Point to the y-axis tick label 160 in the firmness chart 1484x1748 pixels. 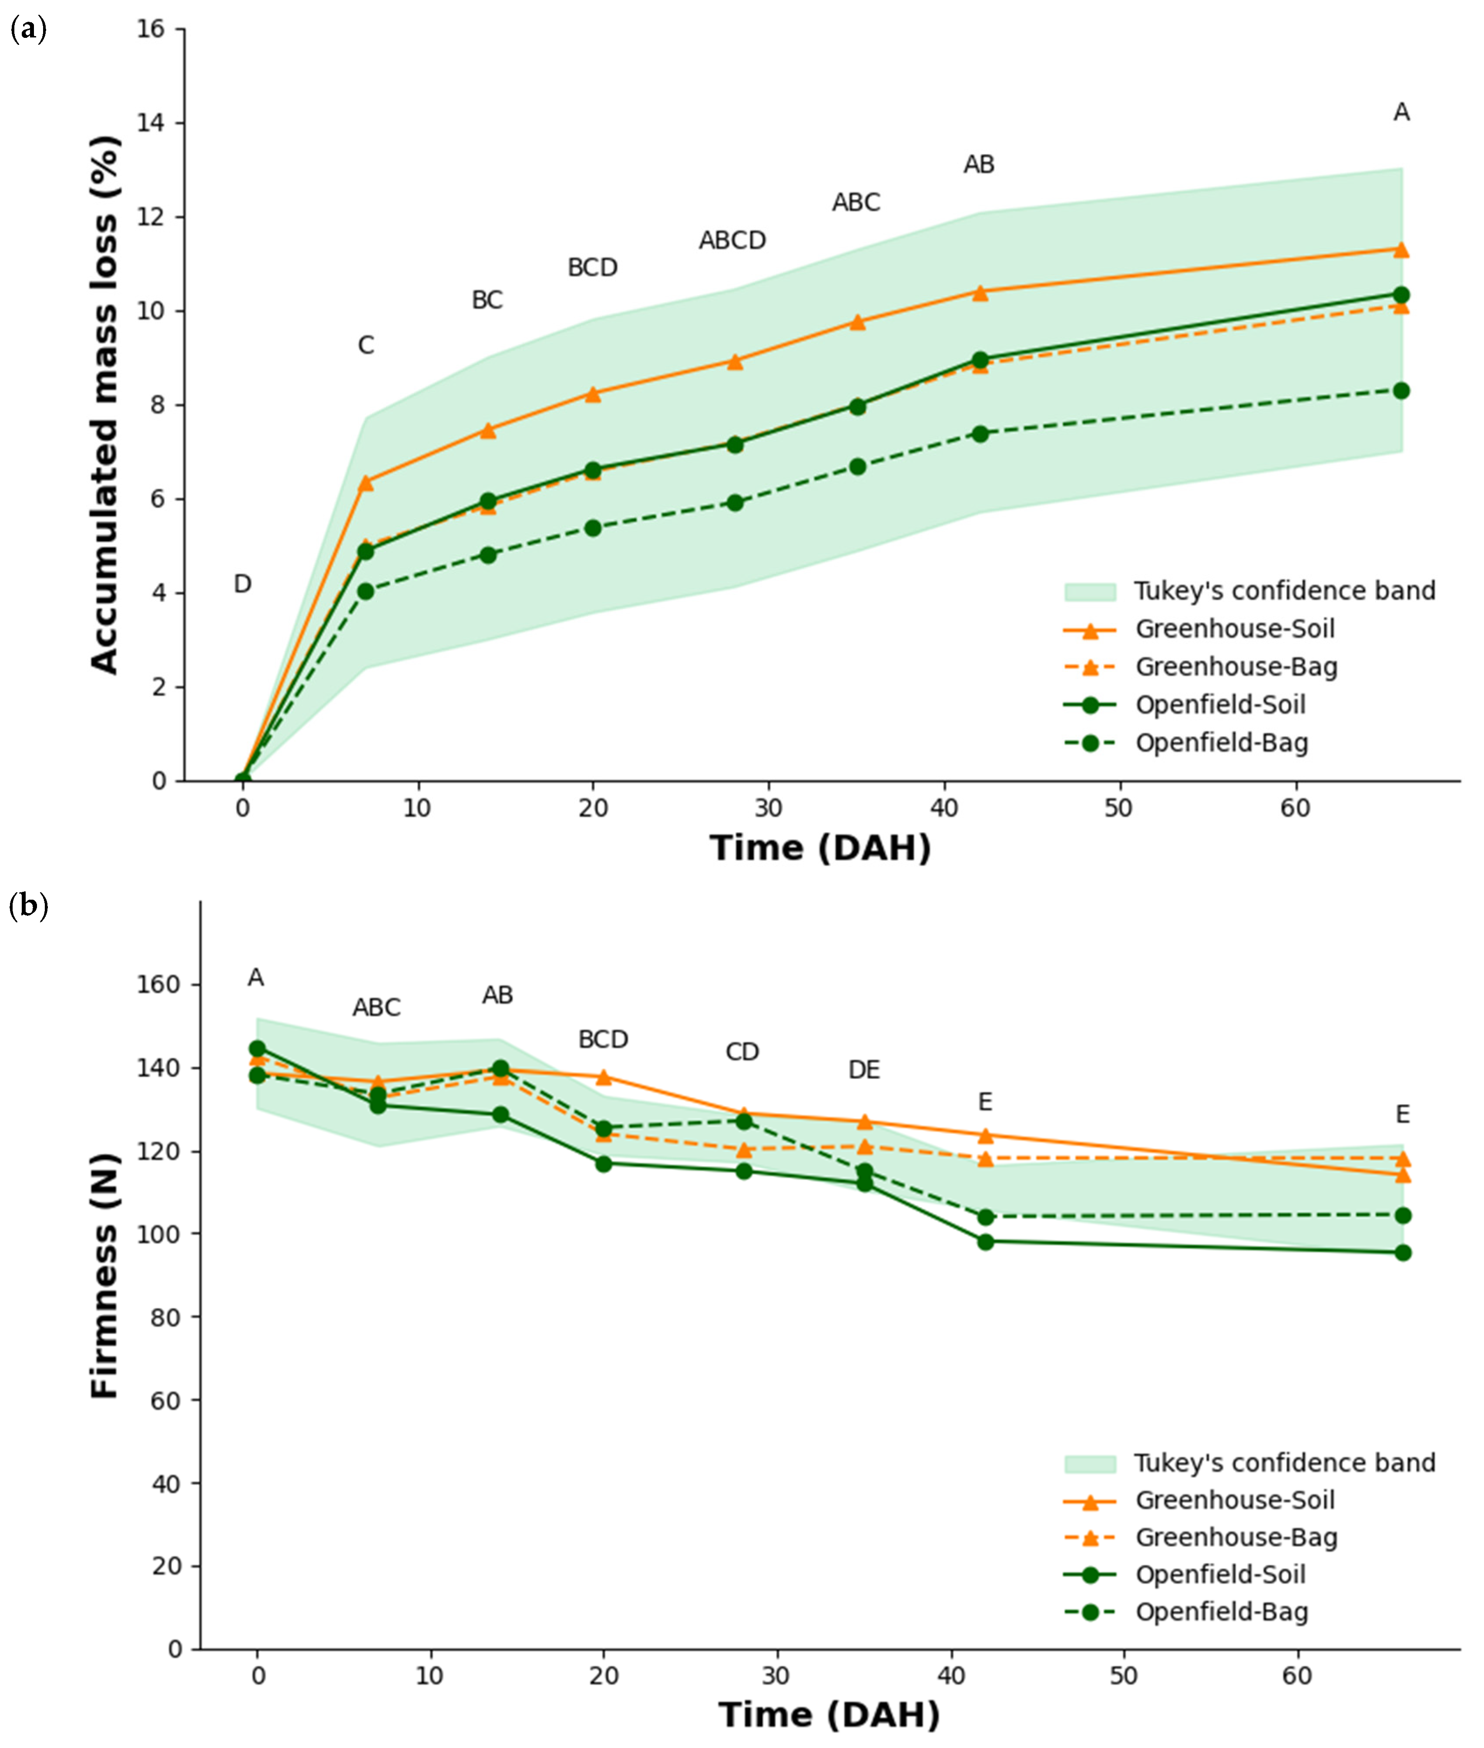pyautogui.click(x=158, y=984)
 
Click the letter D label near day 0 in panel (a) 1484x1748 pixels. pyautogui.click(x=242, y=584)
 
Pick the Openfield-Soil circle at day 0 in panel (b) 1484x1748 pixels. pyautogui.click(x=258, y=1048)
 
